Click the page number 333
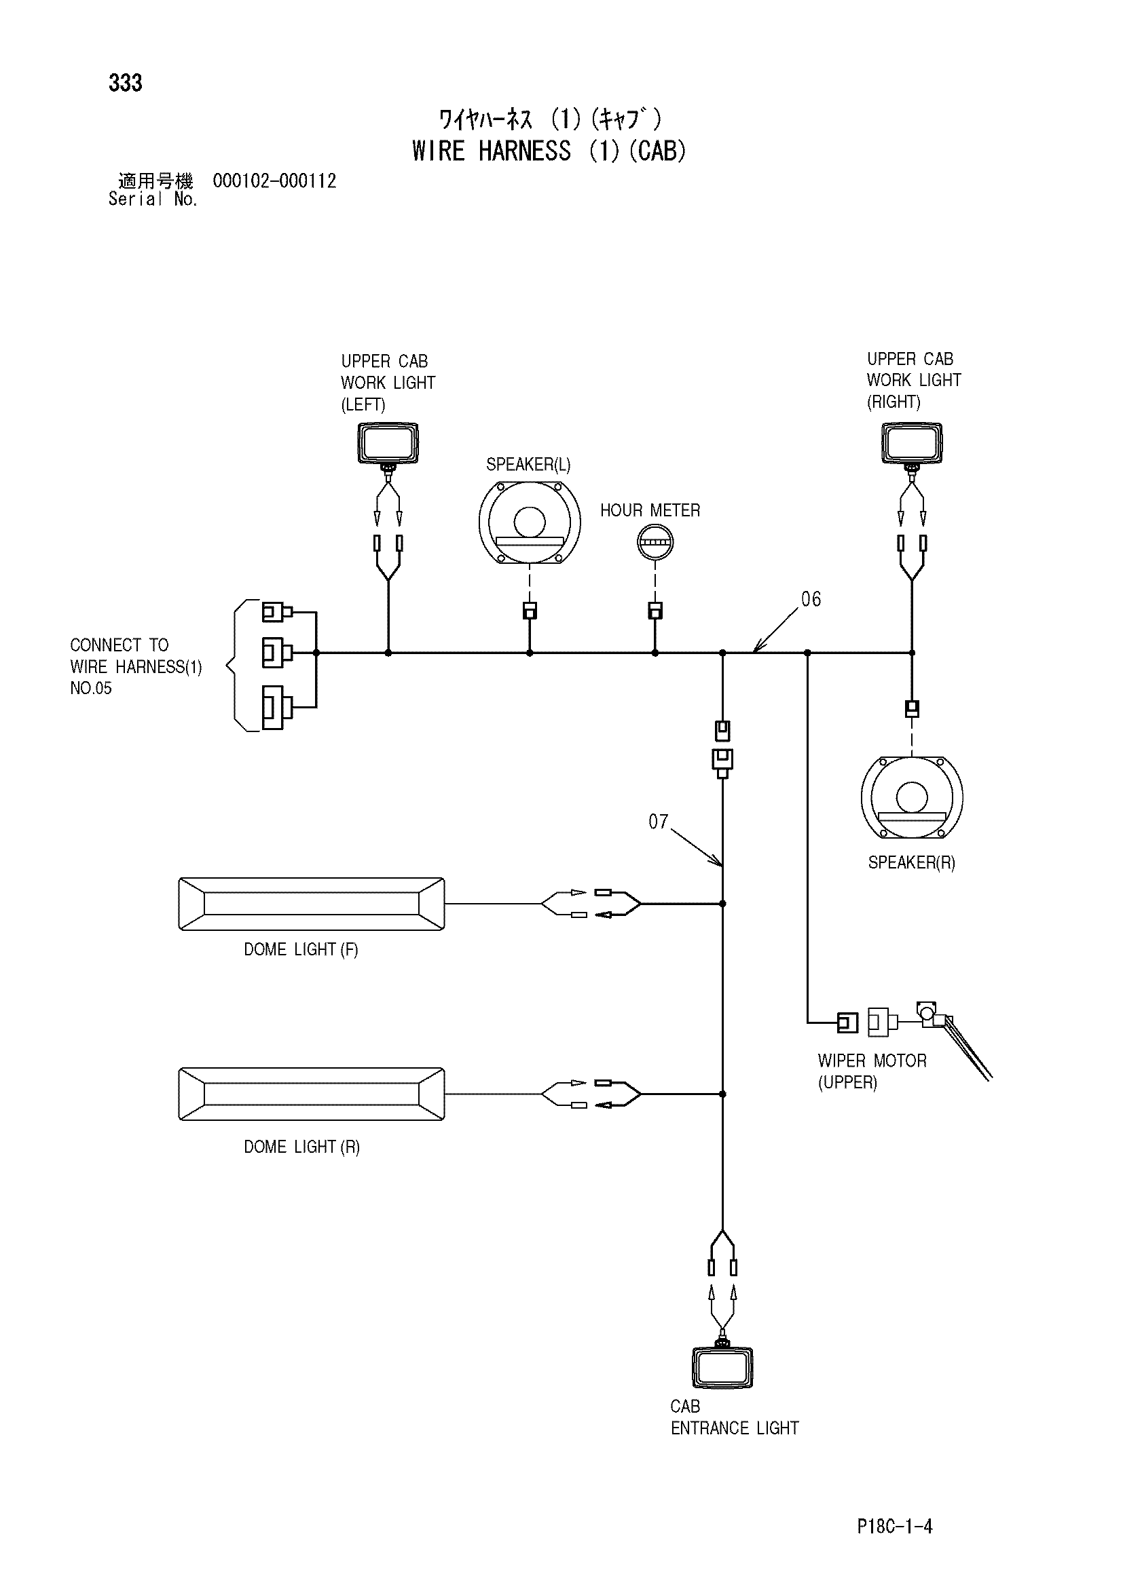pyautogui.click(x=125, y=83)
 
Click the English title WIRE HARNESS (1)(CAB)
pyautogui.click(x=549, y=151)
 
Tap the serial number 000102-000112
pyautogui.click(x=274, y=181)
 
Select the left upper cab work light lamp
pyautogui.click(x=388, y=444)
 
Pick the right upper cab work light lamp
pyautogui.click(x=912, y=444)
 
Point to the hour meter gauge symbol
pyautogui.click(x=655, y=541)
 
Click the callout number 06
pyautogui.click(x=811, y=599)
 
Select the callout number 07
pyautogui.click(x=659, y=822)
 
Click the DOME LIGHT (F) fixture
pyautogui.click(x=312, y=904)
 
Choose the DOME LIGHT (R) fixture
pyautogui.click(x=312, y=1094)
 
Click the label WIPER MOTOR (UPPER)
pyautogui.click(x=872, y=1071)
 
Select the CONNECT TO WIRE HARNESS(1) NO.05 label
pyautogui.click(x=136, y=666)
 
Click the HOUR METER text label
pyautogui.click(x=650, y=511)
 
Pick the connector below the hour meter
pyautogui.click(x=655, y=611)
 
